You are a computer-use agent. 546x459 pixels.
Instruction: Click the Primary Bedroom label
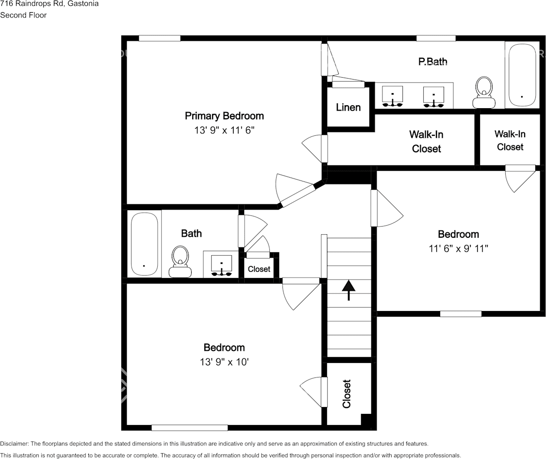click(224, 116)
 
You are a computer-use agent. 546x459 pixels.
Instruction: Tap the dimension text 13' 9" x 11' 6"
click(224, 131)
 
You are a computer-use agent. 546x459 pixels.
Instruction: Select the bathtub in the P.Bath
click(521, 75)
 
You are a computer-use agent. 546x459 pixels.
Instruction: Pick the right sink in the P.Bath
click(433, 96)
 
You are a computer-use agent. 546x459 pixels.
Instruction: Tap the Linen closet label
click(348, 107)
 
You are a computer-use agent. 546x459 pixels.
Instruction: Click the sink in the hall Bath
click(221, 265)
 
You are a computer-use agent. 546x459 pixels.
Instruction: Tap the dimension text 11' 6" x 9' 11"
click(458, 249)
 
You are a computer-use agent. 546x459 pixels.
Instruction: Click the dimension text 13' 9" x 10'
click(224, 362)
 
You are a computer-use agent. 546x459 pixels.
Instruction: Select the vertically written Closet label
click(347, 393)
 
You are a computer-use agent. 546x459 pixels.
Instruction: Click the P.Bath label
click(432, 62)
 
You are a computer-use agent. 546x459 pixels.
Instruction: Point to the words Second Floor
click(23, 15)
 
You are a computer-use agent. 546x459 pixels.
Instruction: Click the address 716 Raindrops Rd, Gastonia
click(50, 4)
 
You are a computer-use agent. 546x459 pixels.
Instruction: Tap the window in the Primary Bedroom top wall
click(159, 38)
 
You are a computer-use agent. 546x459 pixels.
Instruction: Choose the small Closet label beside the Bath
click(259, 269)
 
